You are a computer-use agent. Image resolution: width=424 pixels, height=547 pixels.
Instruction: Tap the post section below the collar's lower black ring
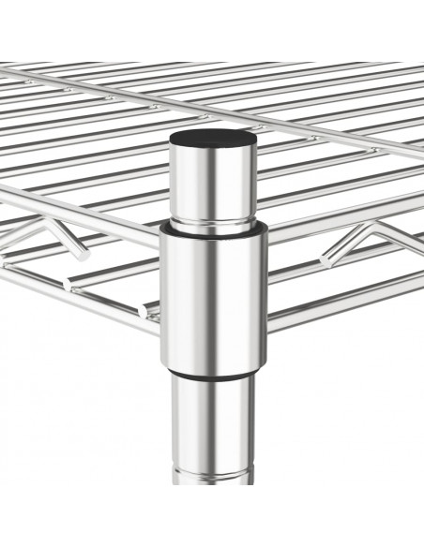215,421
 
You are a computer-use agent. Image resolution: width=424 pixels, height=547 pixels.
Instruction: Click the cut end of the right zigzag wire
327,256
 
